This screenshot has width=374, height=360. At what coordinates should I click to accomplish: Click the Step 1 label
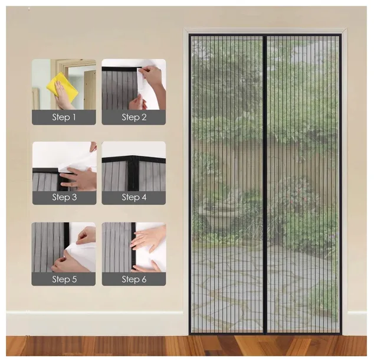tap(64, 117)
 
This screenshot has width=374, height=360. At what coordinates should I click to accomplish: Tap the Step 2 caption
tap(134, 117)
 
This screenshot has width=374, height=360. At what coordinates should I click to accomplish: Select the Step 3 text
tap(64, 197)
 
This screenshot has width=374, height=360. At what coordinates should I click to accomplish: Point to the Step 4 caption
tap(134, 197)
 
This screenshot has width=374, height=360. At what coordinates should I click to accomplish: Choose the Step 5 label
tap(64, 279)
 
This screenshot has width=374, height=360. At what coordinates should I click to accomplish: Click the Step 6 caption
tap(134, 279)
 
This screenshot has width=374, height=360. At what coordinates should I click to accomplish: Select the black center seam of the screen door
tap(264, 184)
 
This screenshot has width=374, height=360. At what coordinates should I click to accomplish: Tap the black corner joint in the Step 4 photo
tap(133, 161)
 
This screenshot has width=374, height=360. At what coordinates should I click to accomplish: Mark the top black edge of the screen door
tap(265, 35)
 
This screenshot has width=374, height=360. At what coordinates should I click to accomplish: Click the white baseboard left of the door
tap(95, 323)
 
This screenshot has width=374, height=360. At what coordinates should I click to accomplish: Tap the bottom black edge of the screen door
tap(265, 333)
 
